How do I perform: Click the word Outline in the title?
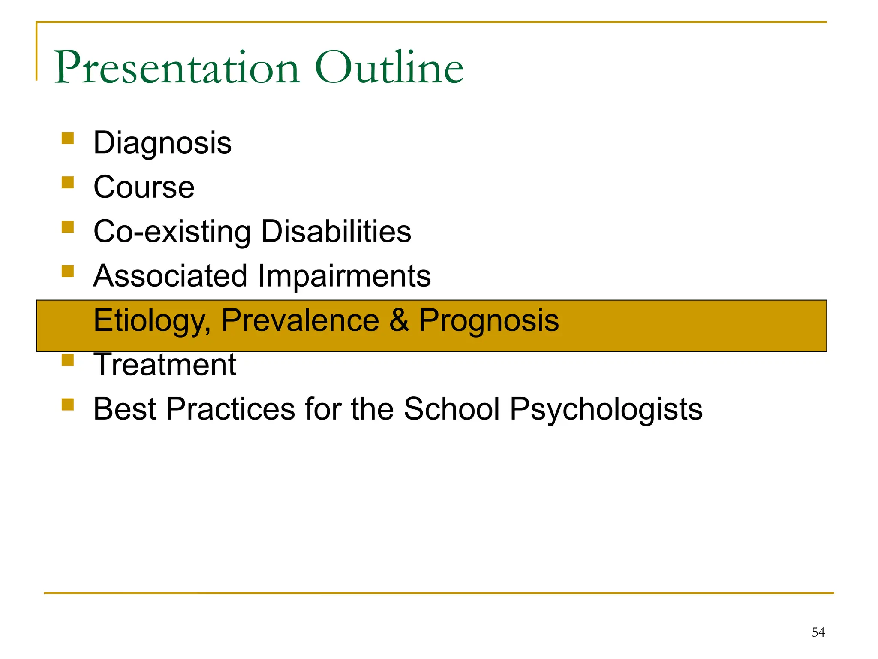389,68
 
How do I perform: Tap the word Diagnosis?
162,143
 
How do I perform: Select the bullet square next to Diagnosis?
68,138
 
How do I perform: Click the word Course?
144,187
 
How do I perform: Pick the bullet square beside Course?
68,182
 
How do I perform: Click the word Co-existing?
172,232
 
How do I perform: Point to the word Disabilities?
336,232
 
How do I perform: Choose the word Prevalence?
300,320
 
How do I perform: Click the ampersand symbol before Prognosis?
399,320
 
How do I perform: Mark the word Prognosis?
489,321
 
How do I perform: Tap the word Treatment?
165,365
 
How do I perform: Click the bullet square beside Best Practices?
68,404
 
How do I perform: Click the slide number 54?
818,632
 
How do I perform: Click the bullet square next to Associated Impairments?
68,271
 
